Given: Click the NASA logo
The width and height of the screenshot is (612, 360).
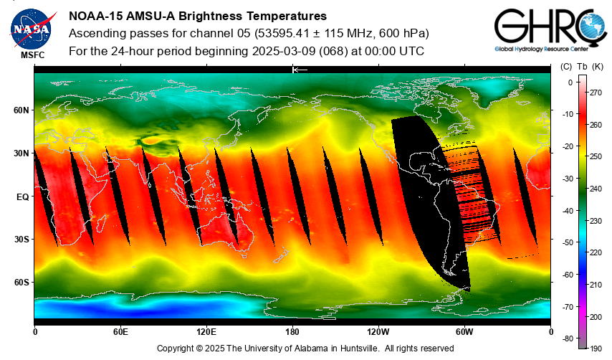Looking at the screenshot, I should pyautogui.click(x=31, y=27).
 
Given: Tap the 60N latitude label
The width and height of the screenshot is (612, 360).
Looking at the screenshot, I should pyautogui.click(x=21, y=110).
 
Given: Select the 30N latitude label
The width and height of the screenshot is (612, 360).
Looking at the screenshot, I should pyautogui.click(x=21, y=153).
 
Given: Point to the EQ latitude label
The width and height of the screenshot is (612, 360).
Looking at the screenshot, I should pyautogui.click(x=22, y=196).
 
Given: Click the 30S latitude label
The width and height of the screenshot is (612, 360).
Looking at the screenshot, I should pyautogui.click(x=21, y=239).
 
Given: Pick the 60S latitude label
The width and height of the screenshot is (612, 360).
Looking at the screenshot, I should pyautogui.click(x=21, y=282).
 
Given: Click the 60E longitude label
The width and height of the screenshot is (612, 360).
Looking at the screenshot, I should pyautogui.click(x=120, y=332).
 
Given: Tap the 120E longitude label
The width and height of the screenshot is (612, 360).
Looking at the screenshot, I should pyautogui.click(x=206, y=332).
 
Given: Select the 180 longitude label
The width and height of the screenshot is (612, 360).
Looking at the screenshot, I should pyautogui.click(x=292, y=332).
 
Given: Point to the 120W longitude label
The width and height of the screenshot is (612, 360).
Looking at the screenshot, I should pyautogui.click(x=378, y=332).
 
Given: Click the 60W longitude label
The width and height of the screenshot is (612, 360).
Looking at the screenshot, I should pyautogui.click(x=464, y=332).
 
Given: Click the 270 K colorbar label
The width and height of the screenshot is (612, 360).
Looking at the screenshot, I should pyautogui.click(x=595, y=93).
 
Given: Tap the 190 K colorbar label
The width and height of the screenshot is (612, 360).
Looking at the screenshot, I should pyautogui.click(x=595, y=348).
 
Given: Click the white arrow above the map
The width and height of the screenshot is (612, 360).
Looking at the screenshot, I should pyautogui.click(x=300, y=70).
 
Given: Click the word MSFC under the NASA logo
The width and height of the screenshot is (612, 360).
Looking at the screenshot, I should pyautogui.click(x=33, y=55).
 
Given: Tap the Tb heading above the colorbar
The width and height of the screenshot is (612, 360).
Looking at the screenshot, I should pyautogui.click(x=581, y=67).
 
